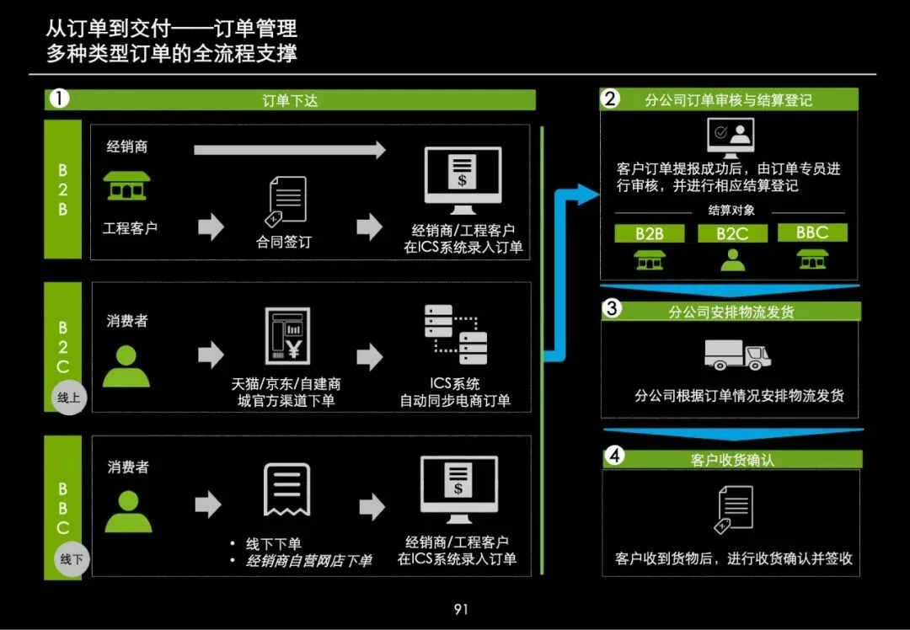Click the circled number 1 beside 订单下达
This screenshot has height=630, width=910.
click(x=59, y=99)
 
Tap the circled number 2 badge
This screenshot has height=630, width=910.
click(x=610, y=99)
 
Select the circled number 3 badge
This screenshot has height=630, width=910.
click(x=613, y=309)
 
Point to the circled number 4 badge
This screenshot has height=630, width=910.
click(x=615, y=456)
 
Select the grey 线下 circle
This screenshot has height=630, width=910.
click(x=70, y=558)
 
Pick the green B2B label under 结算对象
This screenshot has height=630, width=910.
click(x=649, y=233)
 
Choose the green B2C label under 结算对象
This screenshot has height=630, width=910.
click(x=732, y=233)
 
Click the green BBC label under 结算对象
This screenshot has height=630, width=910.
click(x=812, y=232)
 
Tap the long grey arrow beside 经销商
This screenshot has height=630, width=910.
click(x=289, y=150)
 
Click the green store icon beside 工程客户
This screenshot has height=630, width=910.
click(x=126, y=186)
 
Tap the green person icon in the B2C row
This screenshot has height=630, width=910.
click(x=126, y=365)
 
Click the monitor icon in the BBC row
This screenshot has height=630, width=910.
click(x=458, y=489)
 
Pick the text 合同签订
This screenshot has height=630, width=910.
click(x=284, y=242)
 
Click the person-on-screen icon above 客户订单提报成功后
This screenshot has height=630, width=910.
click(x=731, y=136)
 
